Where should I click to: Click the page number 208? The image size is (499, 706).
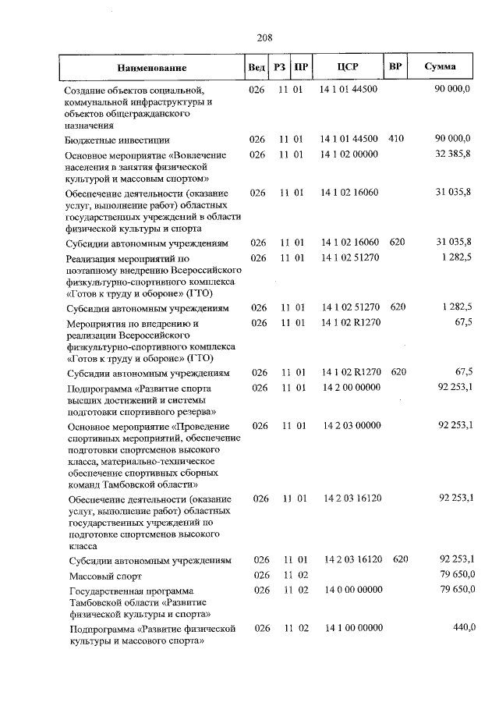pos(264,37)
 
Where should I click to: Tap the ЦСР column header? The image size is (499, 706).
pos(348,67)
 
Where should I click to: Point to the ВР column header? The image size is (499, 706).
pos(395,66)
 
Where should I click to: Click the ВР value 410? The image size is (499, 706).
pos(395,139)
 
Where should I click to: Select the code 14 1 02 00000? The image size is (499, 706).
pos(349,154)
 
